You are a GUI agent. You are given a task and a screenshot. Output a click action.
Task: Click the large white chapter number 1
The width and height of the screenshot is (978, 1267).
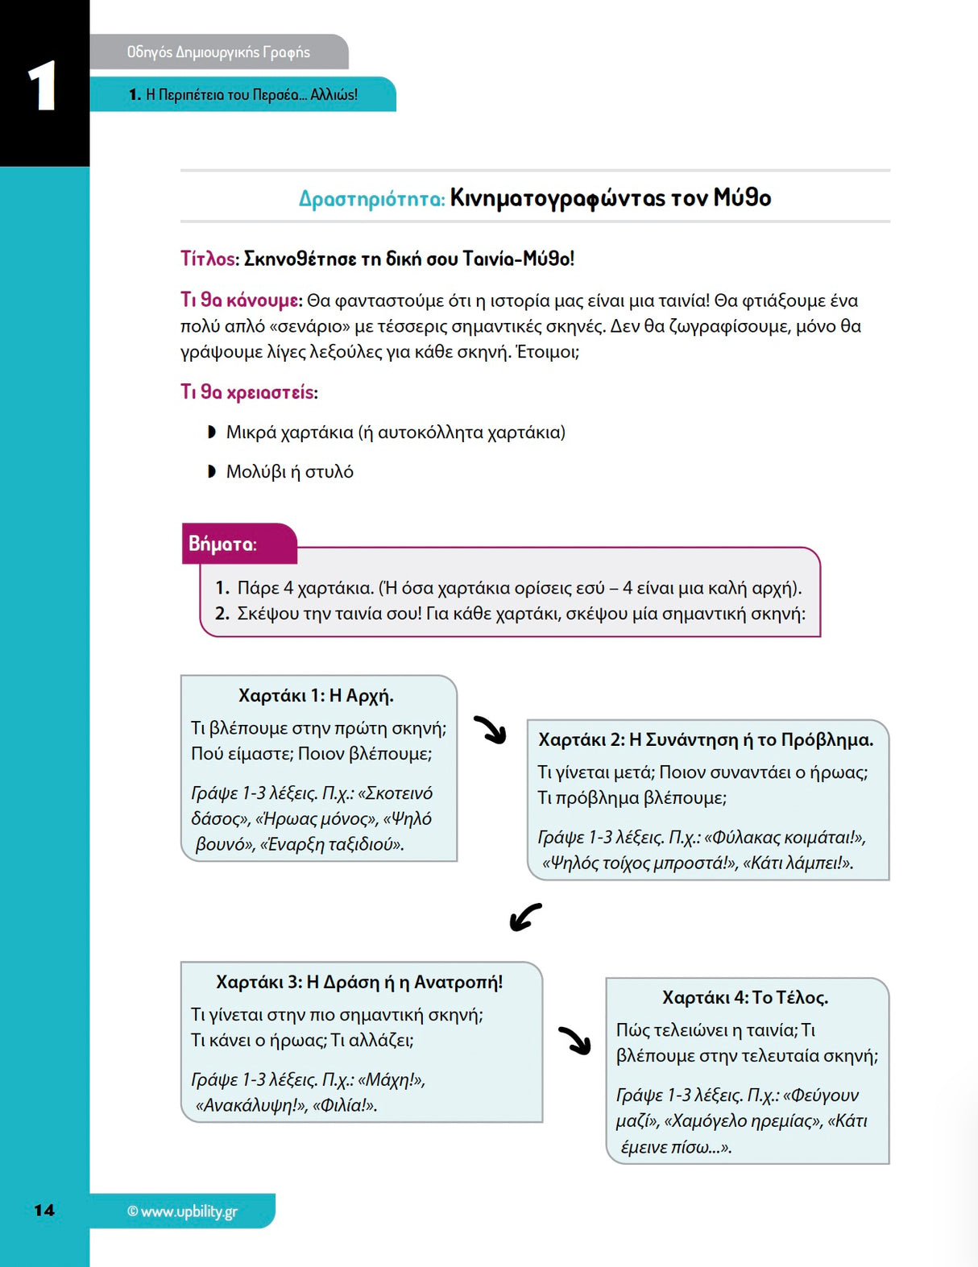point(42,86)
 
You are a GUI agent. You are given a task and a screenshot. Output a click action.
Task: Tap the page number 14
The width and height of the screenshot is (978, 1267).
point(44,1210)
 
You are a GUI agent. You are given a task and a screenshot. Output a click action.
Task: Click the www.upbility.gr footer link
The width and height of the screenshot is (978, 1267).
point(182,1211)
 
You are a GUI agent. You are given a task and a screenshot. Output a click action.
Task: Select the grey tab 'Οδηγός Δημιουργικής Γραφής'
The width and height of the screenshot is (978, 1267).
point(218,52)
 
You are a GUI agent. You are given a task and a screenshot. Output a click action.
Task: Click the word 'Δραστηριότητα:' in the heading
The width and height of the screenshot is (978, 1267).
point(371,199)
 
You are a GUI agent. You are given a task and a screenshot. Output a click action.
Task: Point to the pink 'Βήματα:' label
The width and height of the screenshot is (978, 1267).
point(222,544)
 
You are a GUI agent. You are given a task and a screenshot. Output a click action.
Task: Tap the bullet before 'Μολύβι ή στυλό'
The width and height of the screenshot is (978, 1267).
point(212,471)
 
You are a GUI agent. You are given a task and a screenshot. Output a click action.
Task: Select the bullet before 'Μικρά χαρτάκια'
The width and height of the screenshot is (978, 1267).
point(212,433)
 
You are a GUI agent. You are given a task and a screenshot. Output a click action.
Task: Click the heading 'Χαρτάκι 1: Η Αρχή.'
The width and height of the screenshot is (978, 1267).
point(316,696)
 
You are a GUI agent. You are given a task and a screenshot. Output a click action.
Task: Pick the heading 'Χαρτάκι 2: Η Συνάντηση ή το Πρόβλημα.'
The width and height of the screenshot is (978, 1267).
point(706,739)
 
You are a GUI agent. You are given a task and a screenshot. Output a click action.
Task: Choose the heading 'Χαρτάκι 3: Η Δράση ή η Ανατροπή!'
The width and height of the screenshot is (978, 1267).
point(359,982)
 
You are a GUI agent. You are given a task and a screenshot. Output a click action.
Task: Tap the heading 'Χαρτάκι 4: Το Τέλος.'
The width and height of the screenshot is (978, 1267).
point(745,997)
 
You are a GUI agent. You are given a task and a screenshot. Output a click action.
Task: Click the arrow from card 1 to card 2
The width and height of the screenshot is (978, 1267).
point(491,730)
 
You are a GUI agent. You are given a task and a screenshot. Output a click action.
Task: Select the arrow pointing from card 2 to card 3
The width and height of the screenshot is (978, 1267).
point(525,917)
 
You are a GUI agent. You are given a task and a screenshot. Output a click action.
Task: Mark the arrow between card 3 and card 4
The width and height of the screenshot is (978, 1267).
point(575,1040)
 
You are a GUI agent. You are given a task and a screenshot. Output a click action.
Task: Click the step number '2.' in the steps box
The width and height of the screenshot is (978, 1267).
point(222,614)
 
